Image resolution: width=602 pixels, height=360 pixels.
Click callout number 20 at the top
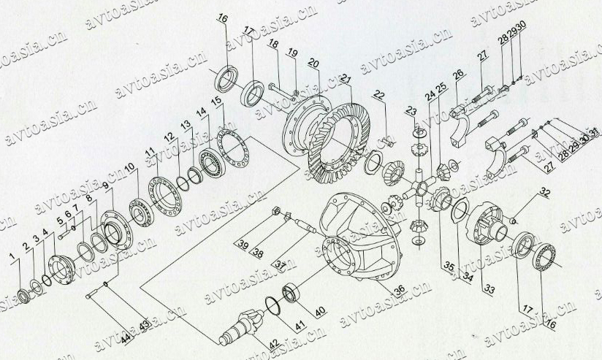[313, 64]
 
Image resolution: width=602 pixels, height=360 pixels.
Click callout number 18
[273, 45]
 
